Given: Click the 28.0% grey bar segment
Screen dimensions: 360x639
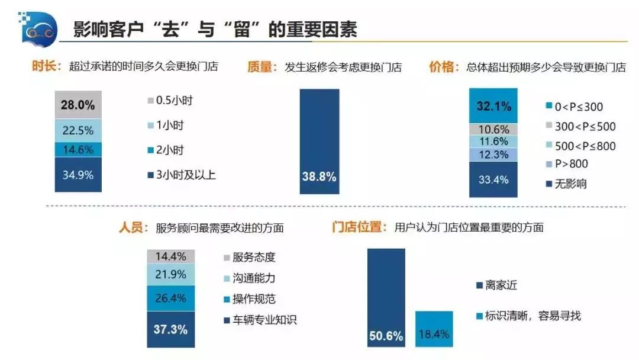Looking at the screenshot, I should (x=78, y=105).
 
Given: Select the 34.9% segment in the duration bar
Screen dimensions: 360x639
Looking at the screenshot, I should (x=78, y=174).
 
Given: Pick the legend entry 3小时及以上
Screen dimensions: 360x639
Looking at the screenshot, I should (x=183, y=175).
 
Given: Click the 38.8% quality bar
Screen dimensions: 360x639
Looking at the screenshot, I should (x=319, y=142).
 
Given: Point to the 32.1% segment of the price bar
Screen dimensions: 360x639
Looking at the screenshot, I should (x=493, y=106).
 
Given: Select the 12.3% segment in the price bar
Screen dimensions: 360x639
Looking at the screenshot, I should (x=493, y=154).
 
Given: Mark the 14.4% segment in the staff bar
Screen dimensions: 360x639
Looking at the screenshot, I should (x=170, y=256).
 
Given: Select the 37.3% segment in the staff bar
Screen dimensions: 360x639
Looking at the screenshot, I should (x=170, y=329).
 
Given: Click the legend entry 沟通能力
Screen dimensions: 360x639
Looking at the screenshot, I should (x=249, y=278).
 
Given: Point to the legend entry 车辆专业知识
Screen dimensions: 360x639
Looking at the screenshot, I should (x=260, y=320).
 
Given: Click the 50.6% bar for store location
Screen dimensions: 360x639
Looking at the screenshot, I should (x=386, y=297).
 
